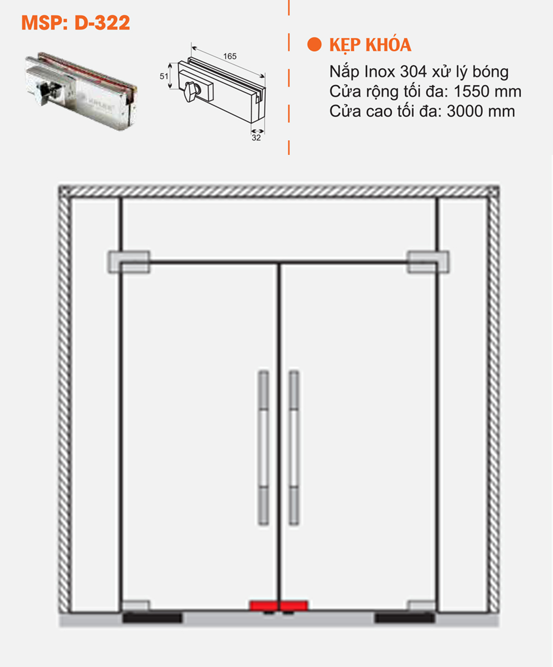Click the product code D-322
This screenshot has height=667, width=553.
click(102, 23)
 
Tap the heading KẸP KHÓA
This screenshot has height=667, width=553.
click(370, 45)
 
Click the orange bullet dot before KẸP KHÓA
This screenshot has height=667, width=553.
click(314, 45)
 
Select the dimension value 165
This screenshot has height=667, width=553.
click(229, 56)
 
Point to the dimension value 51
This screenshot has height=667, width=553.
click(164, 76)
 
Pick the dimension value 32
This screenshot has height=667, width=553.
click(256, 137)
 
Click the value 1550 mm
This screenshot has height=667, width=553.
click(487, 92)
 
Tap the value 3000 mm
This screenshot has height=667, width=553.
click(481, 112)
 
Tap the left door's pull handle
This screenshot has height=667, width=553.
click(263, 448)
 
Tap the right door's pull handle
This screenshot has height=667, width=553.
click(294, 448)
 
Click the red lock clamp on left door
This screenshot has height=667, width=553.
click(264, 605)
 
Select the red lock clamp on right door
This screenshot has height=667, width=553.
click(294, 605)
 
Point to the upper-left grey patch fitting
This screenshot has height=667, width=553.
click(129, 262)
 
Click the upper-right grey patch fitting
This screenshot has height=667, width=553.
click(428, 262)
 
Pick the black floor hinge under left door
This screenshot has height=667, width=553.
click(152, 618)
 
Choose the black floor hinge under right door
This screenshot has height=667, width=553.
click(405, 618)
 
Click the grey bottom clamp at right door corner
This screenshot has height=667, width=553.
click(421, 605)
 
